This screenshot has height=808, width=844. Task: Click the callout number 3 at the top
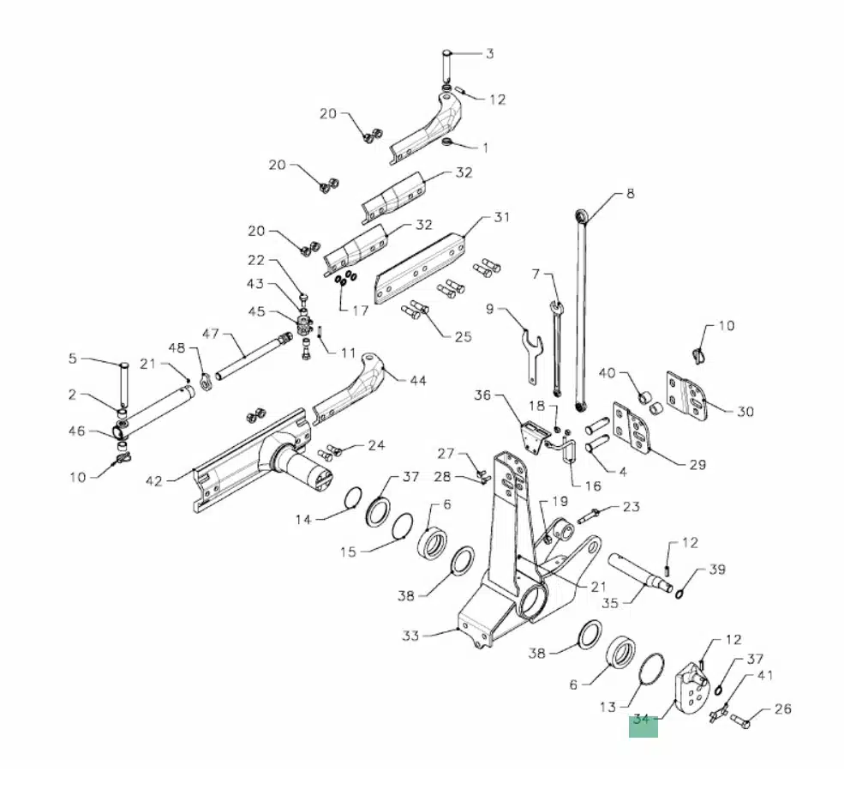(x=489, y=54)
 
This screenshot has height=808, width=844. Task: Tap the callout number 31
(x=501, y=217)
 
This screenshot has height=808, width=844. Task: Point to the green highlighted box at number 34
(x=643, y=727)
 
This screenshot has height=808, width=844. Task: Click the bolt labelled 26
(x=740, y=721)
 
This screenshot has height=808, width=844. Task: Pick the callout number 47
(x=211, y=334)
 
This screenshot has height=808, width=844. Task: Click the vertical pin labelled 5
(x=124, y=384)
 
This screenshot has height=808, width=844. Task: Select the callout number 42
(x=154, y=480)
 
